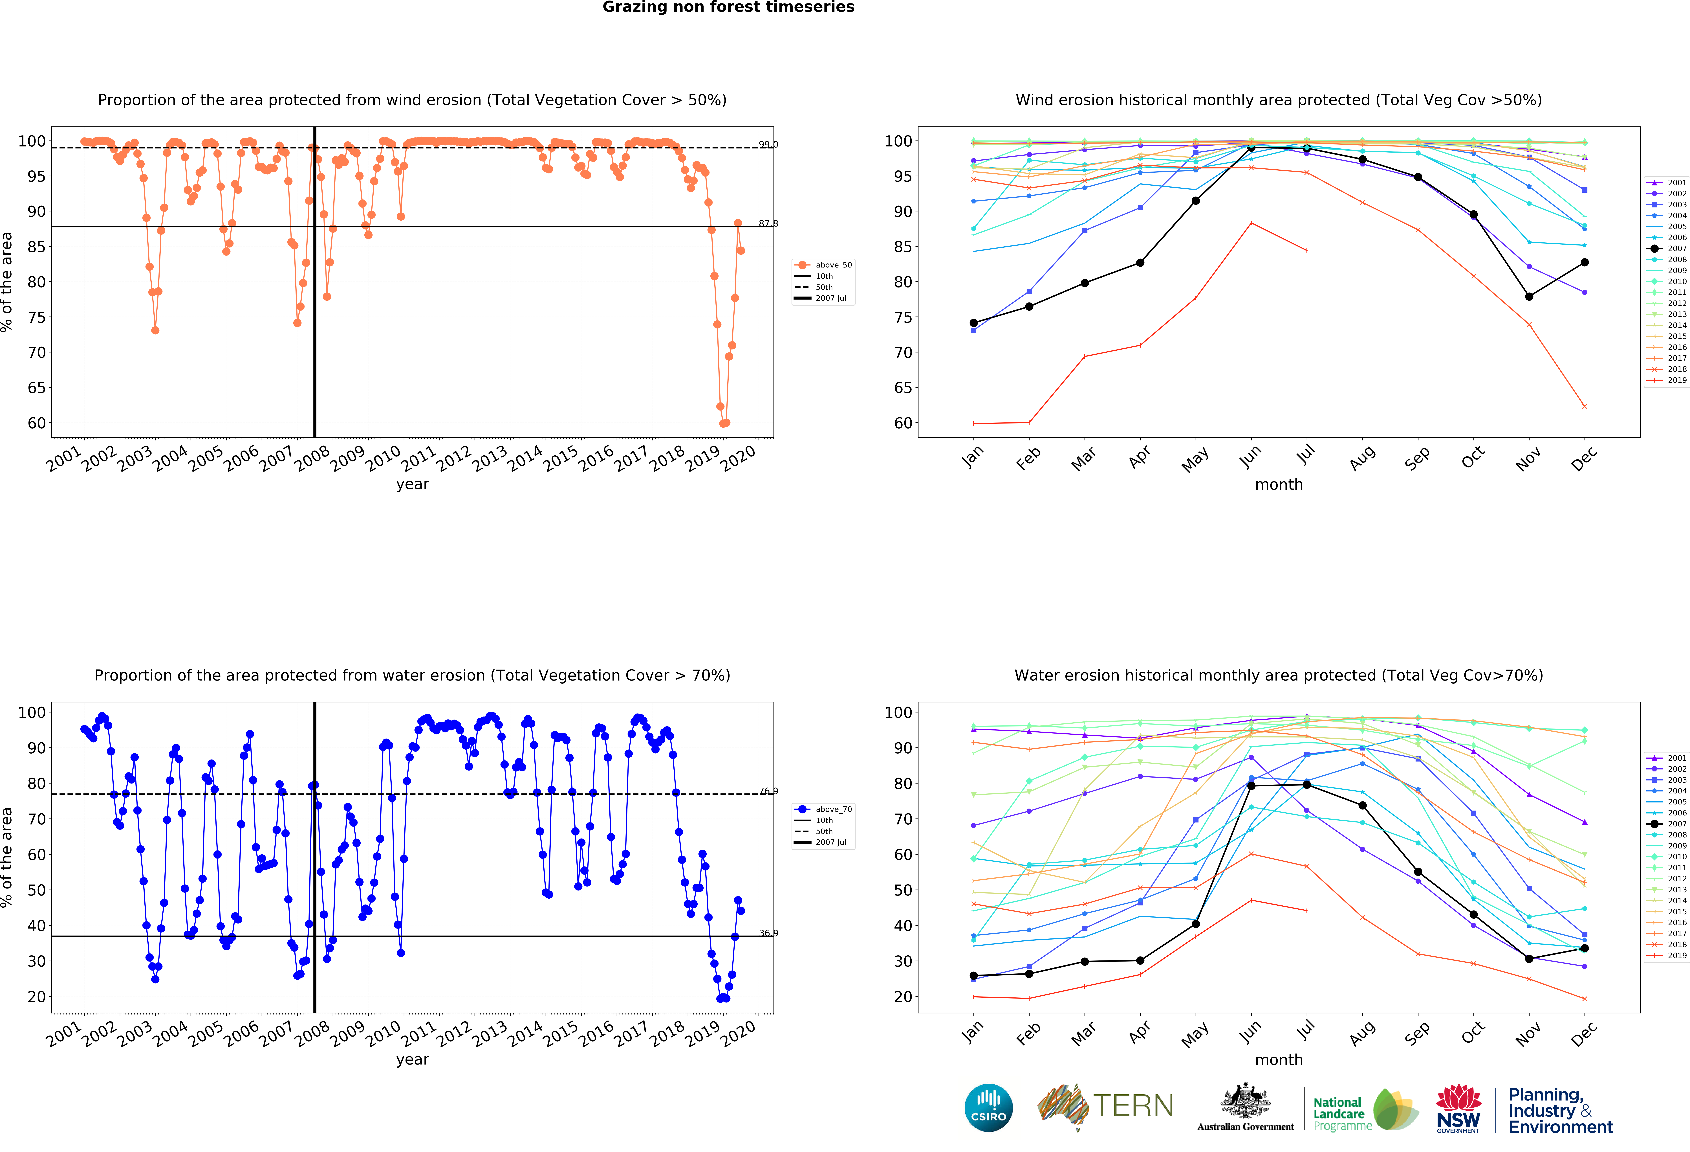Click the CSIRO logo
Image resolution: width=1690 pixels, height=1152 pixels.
988,1108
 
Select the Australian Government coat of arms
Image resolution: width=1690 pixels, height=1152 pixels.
1246,1102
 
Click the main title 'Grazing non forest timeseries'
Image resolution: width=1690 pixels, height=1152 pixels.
728,7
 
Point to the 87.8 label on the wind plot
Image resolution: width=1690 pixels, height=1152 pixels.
768,223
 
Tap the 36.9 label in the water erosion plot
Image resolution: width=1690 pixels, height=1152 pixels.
768,933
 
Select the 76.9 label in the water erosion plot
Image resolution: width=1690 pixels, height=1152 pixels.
768,791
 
